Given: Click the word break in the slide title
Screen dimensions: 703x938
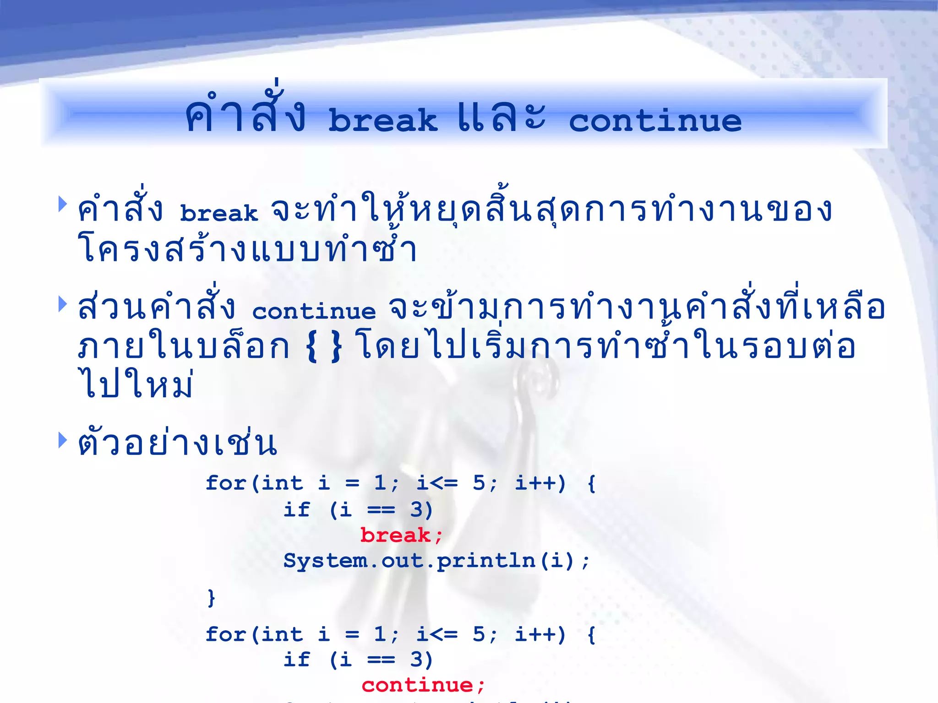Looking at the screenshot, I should [x=383, y=120].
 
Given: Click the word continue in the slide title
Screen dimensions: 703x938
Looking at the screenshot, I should [x=655, y=120].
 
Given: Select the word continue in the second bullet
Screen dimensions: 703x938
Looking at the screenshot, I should [x=314, y=311].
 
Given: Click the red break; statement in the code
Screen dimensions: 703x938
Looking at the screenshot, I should [x=401, y=535].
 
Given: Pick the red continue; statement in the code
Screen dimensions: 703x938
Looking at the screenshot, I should [x=423, y=685].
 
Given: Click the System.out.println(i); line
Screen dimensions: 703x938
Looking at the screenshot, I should [x=436, y=561].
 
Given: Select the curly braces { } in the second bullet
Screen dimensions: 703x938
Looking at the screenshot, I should [x=323, y=347].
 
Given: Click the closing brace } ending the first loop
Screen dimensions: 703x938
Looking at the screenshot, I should [x=211, y=598].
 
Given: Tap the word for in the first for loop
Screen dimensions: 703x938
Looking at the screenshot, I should [x=226, y=483].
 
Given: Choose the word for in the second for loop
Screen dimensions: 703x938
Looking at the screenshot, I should [x=226, y=634].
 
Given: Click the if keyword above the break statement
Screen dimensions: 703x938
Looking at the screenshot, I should [x=296, y=509].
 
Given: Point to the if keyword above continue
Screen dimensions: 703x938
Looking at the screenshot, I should [x=296, y=660].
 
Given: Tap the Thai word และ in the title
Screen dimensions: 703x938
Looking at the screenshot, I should [x=502, y=117].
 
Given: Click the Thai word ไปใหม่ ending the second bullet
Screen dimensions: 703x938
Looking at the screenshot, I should [x=136, y=384].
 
